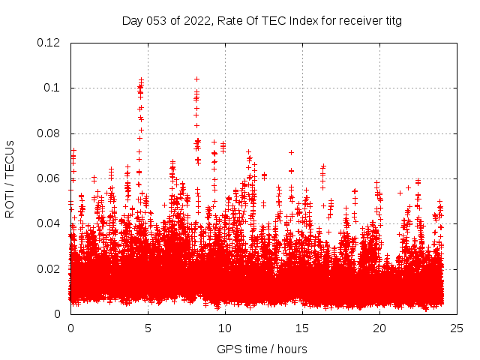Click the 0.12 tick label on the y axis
point(49,43)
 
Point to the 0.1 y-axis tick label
point(52,88)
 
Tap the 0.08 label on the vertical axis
point(49,133)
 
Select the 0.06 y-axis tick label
point(49,178)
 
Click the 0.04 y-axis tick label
point(49,223)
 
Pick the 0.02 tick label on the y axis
point(49,268)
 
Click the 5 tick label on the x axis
point(148,328)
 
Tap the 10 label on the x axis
point(225,328)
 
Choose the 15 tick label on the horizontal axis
point(302,328)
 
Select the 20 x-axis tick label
point(379,328)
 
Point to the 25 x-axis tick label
point(457,328)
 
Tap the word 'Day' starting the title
point(132,21)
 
